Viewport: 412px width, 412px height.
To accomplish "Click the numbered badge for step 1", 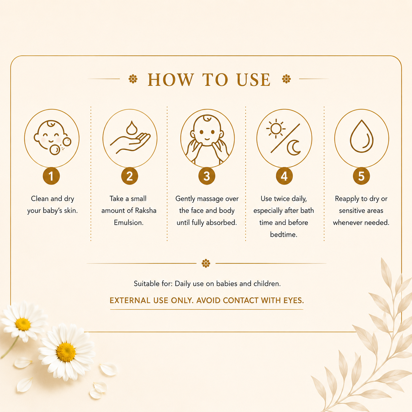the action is pos(51,176).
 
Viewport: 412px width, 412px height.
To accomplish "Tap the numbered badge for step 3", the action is pos(207,176).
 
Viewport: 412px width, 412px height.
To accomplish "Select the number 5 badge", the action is pos(361,176).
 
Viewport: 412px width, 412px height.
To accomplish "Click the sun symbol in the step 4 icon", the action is pos(276,129).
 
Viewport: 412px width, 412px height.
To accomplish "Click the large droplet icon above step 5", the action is pos(361,136).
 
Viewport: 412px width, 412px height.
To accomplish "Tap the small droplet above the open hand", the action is pos(131,127).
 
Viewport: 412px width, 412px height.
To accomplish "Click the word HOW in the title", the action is pos(171,80).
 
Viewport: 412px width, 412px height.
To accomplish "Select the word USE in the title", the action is pos(254,80).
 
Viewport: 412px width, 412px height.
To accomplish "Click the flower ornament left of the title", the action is pos(133,79).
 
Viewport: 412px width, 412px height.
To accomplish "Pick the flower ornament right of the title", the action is pos(286,79).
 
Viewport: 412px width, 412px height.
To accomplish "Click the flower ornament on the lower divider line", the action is pos(206,263).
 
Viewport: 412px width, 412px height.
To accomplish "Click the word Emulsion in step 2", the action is pos(129,222).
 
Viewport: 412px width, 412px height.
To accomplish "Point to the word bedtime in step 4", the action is pos(284,235).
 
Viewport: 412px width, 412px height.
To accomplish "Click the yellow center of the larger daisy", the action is pos(66,352).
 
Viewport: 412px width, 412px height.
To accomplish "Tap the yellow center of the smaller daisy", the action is pos(23,324).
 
